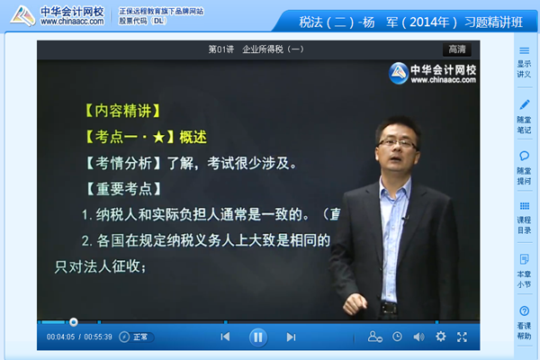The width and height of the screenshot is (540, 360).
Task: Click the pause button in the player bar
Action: pyautogui.click(x=257, y=337)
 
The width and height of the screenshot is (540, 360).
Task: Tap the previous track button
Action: pyautogui.click(x=225, y=337)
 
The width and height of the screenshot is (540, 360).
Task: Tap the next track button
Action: pyautogui.click(x=291, y=337)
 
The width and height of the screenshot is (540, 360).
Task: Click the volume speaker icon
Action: pyautogui.click(x=418, y=337)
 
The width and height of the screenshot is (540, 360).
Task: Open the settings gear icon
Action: pyautogui.click(x=440, y=337)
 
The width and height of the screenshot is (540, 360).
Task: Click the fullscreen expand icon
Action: pyautogui.click(x=462, y=337)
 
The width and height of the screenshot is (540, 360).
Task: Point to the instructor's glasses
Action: pyautogui.click(x=397, y=142)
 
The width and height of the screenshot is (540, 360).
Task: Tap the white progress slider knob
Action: pyautogui.click(x=74, y=321)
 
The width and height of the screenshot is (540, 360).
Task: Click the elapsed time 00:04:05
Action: pyautogui.click(x=60, y=337)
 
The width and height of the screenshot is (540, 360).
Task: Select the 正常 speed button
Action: pyautogui.click(x=139, y=337)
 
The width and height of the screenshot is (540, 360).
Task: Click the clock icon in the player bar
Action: pyautogui.click(x=397, y=337)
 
